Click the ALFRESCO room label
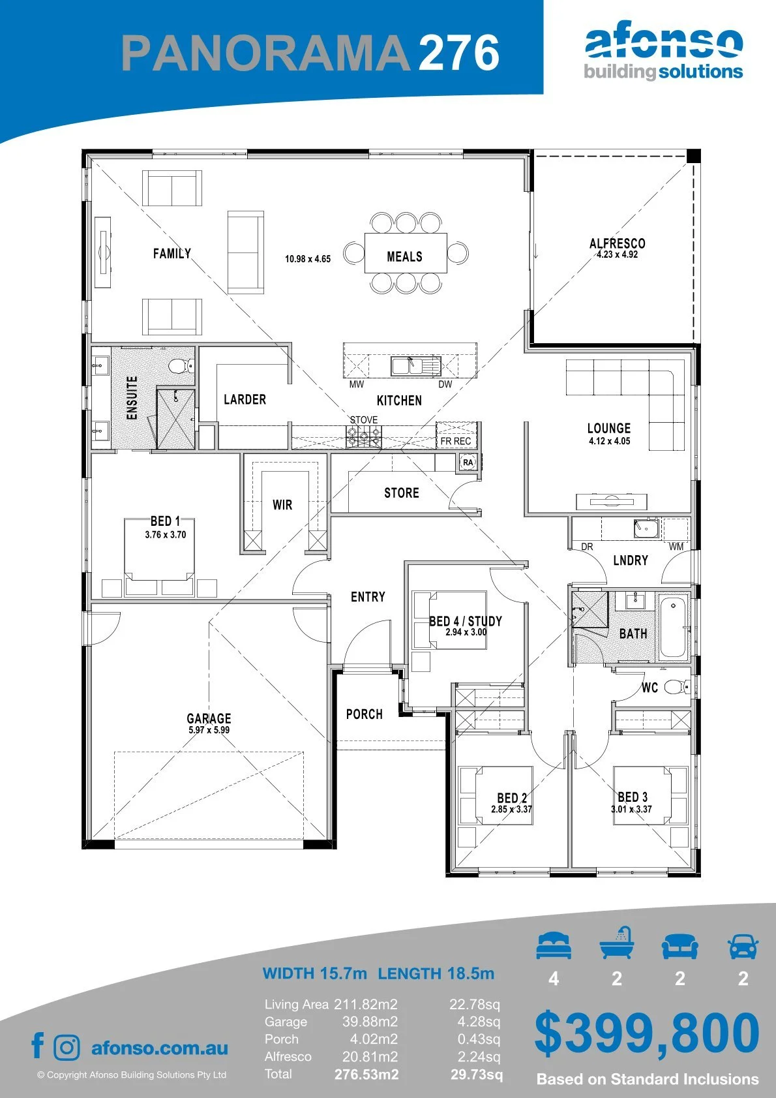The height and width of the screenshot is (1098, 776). click(x=618, y=243)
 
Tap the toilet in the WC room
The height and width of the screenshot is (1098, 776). click(x=677, y=687)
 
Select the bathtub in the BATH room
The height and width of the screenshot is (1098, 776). click(x=673, y=627)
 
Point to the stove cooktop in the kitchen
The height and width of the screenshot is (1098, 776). click(x=363, y=436)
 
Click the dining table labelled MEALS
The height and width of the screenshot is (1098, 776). click(x=406, y=253)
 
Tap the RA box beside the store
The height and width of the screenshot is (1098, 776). click(x=468, y=463)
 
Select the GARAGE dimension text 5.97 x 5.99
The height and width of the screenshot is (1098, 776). click(x=209, y=730)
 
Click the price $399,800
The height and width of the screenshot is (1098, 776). click(x=647, y=1033)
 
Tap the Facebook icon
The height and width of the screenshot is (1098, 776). click(x=38, y=1045)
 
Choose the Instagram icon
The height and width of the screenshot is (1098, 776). click(x=67, y=1048)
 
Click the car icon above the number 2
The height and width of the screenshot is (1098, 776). click(x=743, y=946)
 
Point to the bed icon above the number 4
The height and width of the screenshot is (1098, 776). click(x=554, y=945)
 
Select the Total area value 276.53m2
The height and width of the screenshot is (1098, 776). click(x=366, y=1075)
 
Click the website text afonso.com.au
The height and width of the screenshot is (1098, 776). click(x=160, y=1048)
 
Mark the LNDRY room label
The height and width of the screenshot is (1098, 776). click(x=631, y=560)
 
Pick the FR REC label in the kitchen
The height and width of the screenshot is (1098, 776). click(x=456, y=441)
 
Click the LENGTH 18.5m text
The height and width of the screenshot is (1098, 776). click(x=436, y=973)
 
